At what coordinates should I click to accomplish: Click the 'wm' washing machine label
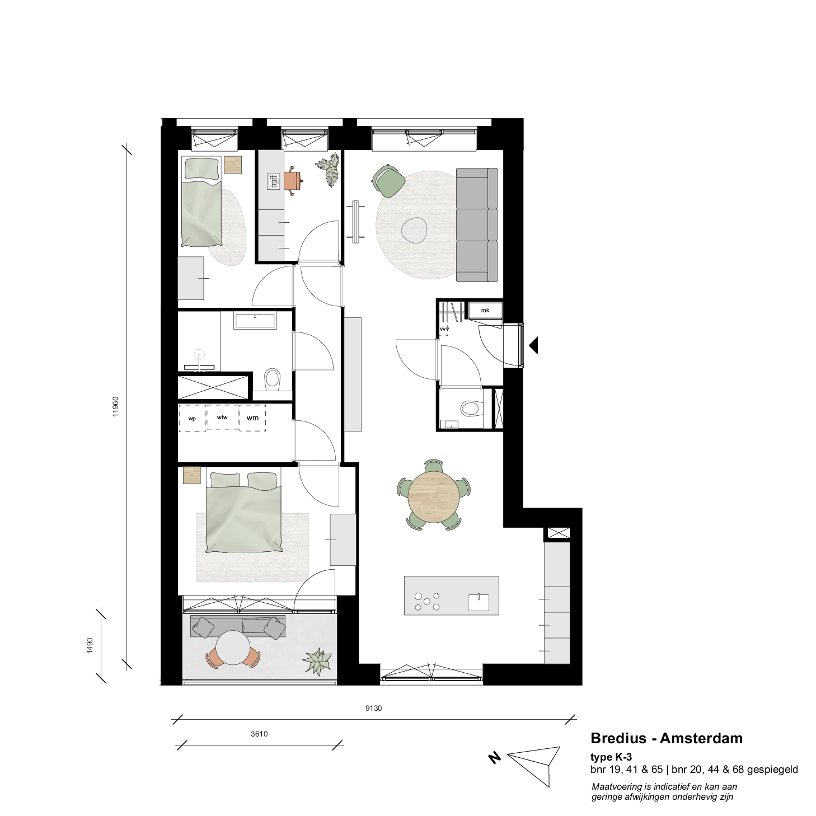[252, 418]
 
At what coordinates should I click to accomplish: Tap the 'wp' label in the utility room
[193, 419]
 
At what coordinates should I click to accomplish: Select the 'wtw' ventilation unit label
[222, 418]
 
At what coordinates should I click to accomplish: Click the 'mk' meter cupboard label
[485, 311]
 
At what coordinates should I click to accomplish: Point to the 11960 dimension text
[116, 406]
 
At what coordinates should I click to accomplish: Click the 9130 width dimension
[373, 708]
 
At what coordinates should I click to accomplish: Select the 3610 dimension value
[259, 734]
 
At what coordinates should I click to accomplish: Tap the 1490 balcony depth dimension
[90, 646]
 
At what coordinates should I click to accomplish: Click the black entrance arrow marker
[533, 345]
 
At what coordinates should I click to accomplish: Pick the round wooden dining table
[434, 497]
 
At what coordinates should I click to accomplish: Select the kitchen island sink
[479, 603]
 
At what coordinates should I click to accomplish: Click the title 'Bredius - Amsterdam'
[667, 738]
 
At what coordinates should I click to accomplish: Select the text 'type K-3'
[611, 757]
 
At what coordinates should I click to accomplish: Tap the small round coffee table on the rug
[414, 230]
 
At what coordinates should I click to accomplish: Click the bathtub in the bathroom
[255, 320]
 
